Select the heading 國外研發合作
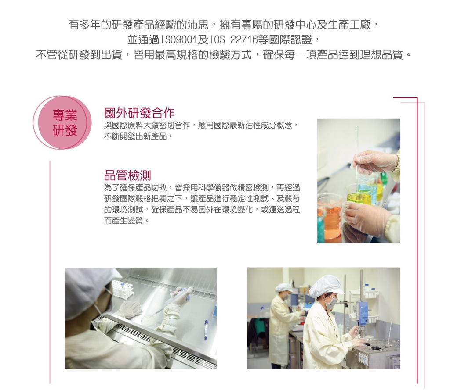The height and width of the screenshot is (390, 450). pyautogui.click(x=139, y=113)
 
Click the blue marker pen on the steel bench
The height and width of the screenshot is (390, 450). pyautogui.click(x=206, y=329)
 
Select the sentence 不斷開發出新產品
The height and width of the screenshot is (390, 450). pyautogui.click(x=135, y=136)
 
